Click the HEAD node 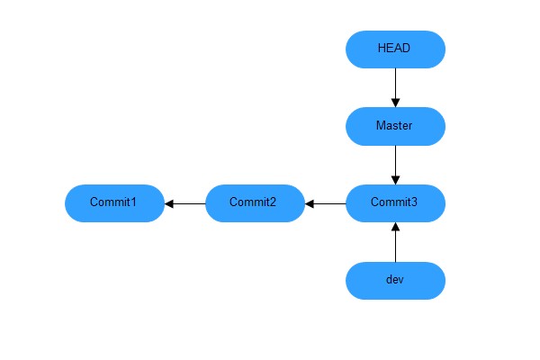click(x=395, y=49)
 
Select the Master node click(x=395, y=126)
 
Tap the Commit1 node click(x=113, y=202)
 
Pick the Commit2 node click(x=254, y=202)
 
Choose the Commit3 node click(x=395, y=202)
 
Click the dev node click(x=395, y=280)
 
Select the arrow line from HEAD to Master click(x=395, y=85)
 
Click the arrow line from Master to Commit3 click(x=395, y=162)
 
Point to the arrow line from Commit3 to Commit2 click(x=328, y=203)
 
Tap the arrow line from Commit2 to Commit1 click(x=187, y=203)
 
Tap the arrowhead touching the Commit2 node click(x=310, y=203)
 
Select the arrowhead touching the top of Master click(x=395, y=102)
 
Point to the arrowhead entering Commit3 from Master click(x=395, y=179)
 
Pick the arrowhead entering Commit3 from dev click(x=395, y=227)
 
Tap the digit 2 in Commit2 click(x=274, y=202)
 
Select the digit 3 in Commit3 click(x=414, y=202)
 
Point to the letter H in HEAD click(x=382, y=49)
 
